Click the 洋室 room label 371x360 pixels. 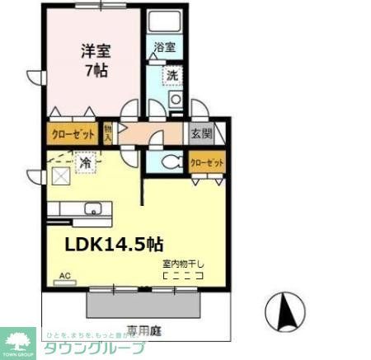(x=96, y=49)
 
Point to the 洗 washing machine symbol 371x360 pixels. (x=172, y=75)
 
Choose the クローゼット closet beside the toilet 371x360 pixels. (x=207, y=163)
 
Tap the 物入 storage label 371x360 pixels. (x=108, y=132)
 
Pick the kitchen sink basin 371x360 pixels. (x=92, y=208)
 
